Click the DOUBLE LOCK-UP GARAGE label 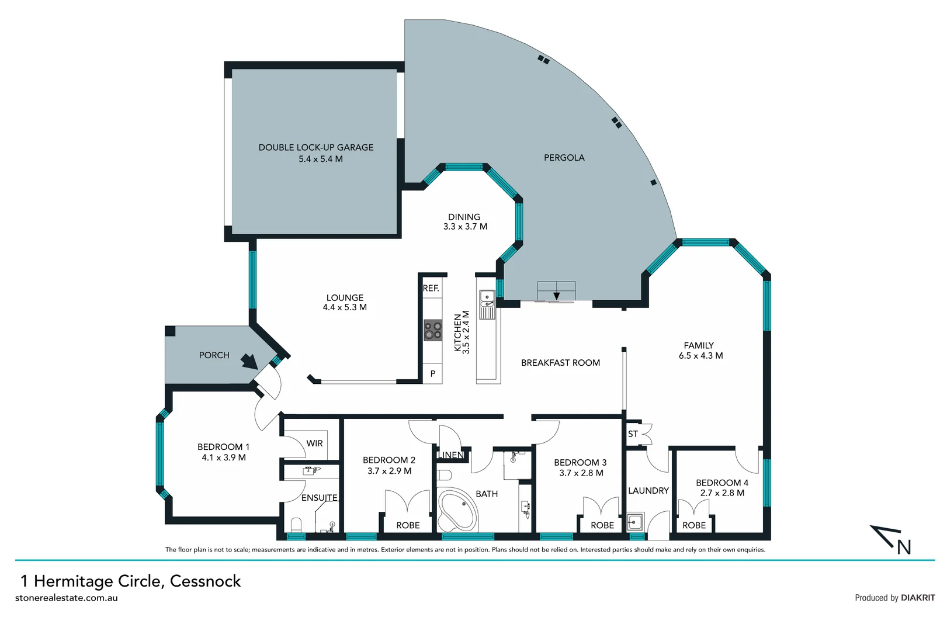click(x=316, y=147)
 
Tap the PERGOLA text click(x=564, y=158)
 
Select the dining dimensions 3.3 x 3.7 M click(x=465, y=227)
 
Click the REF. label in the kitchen click(x=431, y=289)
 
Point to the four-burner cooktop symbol click(x=433, y=330)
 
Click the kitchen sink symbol click(x=487, y=300)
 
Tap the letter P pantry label click(x=433, y=374)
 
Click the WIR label click(x=314, y=443)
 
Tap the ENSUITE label click(x=320, y=498)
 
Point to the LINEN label click(x=451, y=455)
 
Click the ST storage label click(x=633, y=434)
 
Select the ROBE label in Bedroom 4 click(x=694, y=525)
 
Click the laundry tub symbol click(x=635, y=521)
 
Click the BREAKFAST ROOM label click(x=560, y=363)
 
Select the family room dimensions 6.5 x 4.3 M click(x=700, y=356)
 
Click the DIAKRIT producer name click(x=918, y=598)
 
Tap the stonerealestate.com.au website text click(x=67, y=598)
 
